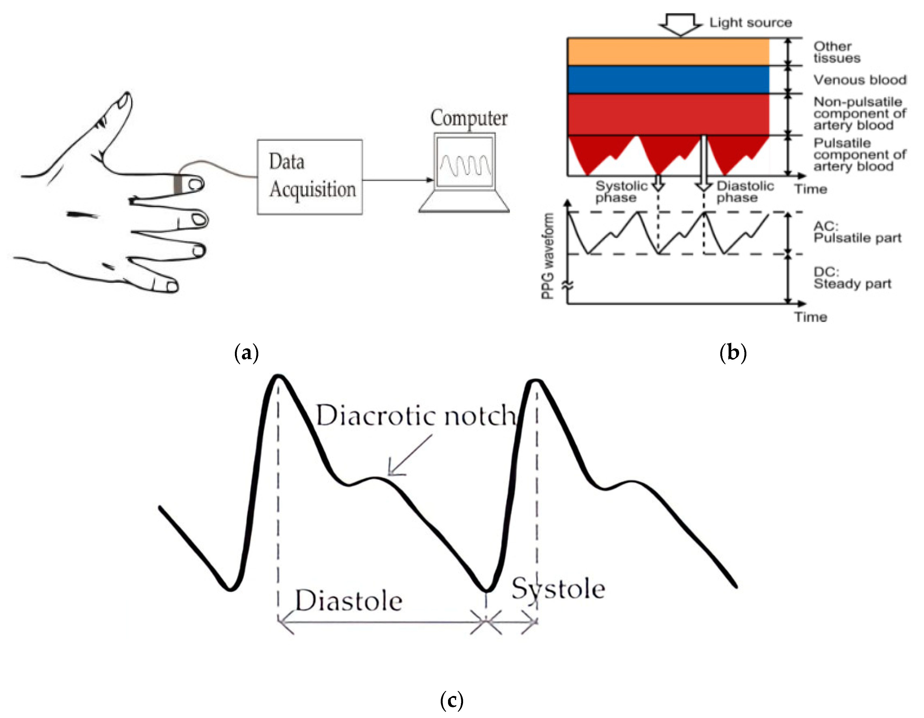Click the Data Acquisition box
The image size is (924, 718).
coord(310,177)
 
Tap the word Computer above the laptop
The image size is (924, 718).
coord(469,118)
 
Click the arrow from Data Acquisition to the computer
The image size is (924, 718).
coord(398,180)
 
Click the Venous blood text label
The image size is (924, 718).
coord(860,80)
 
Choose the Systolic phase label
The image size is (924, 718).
coord(621,192)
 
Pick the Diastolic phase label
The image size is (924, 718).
coord(745,192)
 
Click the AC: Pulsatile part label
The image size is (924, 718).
coord(857,232)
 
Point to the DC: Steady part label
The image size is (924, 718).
coord(852,278)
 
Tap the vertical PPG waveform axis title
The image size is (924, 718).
coord(548,256)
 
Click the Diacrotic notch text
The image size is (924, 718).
coord(416,416)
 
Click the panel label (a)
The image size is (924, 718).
coord(246,352)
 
